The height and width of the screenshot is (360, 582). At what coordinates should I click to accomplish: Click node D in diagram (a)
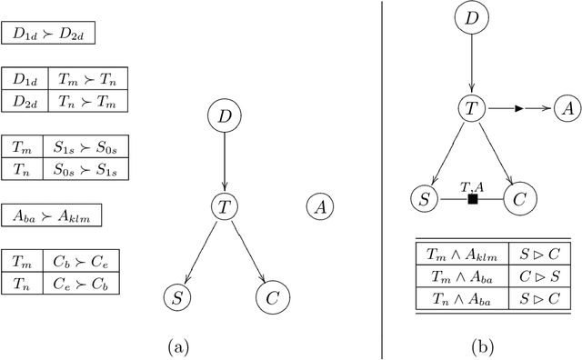coord(224,115)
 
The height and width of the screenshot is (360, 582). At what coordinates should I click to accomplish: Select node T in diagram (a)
coord(224,206)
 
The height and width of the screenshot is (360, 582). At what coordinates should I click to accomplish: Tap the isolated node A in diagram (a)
coord(319,206)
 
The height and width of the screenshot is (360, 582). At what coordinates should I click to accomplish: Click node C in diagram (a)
coord(271,296)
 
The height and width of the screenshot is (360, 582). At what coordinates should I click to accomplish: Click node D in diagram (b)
coord(470,20)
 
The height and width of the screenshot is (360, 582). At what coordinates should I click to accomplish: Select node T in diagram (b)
coord(470,108)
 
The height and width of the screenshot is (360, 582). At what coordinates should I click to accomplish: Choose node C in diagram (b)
coord(519,198)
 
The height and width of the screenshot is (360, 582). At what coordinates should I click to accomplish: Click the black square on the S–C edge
coord(472,198)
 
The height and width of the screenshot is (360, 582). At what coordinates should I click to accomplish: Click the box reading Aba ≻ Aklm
coord(51,215)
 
